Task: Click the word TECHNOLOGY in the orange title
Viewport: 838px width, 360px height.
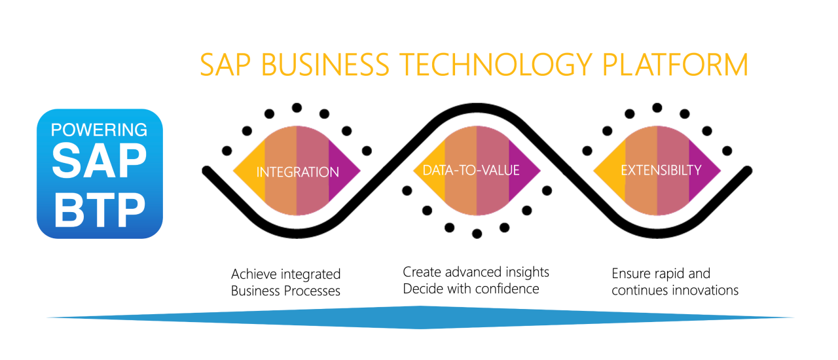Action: click(x=496, y=64)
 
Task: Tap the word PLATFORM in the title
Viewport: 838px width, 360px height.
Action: click(x=675, y=64)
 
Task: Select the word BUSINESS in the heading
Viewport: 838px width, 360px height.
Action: click(x=325, y=64)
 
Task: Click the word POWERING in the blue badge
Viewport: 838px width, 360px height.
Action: click(x=99, y=130)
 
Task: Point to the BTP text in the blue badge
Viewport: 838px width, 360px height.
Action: click(x=100, y=210)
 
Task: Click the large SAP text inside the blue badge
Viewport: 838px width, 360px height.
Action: click(x=99, y=160)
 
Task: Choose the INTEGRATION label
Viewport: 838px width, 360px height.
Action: click(x=297, y=172)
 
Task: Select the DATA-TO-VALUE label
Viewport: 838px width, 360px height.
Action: click(x=471, y=170)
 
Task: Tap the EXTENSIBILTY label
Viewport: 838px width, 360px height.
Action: click(x=661, y=170)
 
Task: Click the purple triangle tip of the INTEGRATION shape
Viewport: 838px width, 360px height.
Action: click(x=359, y=171)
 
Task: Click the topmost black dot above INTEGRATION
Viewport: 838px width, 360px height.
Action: click(x=297, y=108)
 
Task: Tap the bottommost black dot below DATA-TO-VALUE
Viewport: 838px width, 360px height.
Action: click(x=477, y=234)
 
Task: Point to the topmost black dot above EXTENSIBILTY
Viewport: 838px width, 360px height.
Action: click(x=657, y=108)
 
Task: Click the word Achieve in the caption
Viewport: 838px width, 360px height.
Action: click(x=254, y=274)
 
